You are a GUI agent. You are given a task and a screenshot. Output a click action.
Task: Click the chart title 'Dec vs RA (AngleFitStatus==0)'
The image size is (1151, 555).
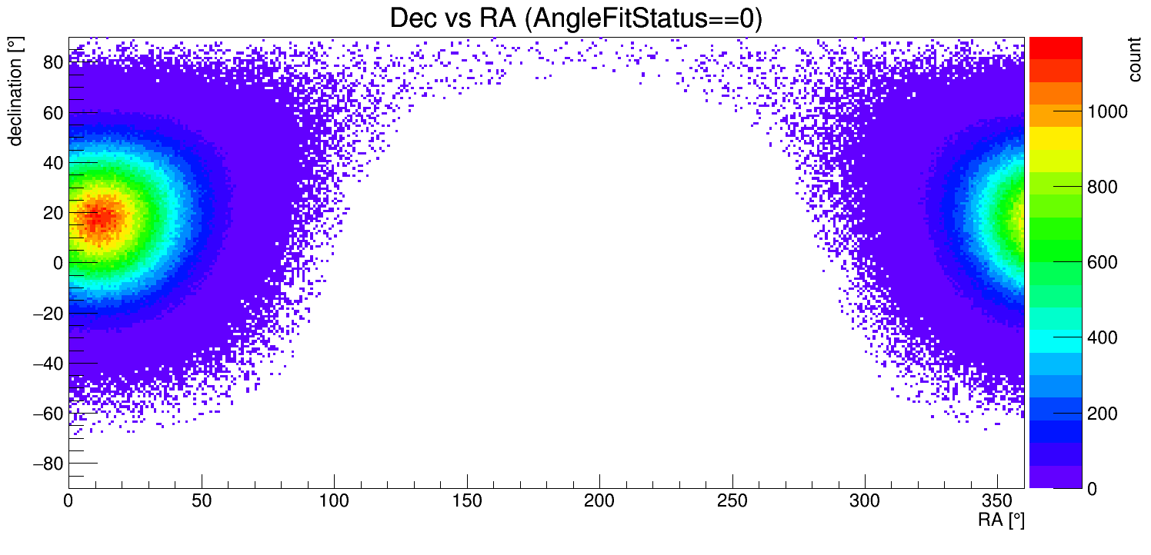[575, 18]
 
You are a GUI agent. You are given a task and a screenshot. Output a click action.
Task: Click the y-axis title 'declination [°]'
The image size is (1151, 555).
[15, 92]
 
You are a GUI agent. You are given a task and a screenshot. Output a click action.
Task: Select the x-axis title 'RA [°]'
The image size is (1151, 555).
[1001, 520]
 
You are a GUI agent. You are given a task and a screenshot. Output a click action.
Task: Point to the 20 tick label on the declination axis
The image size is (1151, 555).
[52, 213]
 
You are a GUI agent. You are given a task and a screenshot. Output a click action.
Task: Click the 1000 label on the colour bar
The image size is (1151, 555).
[1106, 113]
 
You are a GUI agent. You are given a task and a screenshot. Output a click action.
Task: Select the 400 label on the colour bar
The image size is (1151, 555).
[1102, 339]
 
